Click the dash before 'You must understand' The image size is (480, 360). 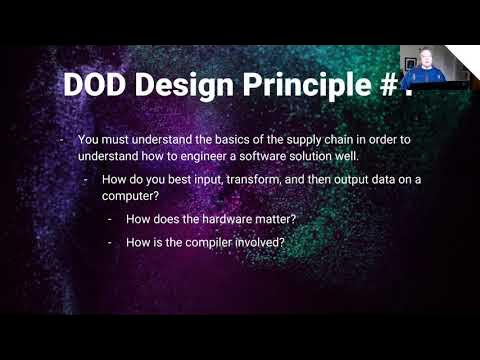(64, 139)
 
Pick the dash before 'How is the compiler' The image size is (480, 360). (110, 242)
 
